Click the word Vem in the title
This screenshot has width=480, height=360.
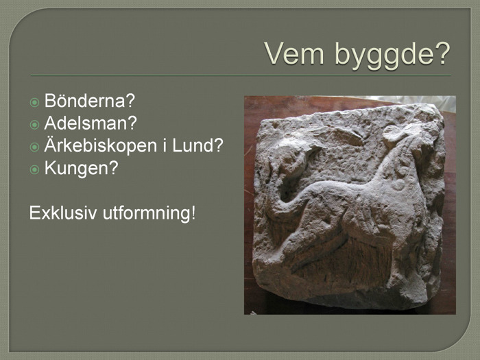(294, 53)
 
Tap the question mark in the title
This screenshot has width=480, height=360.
(442, 53)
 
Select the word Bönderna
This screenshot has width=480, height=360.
(85, 100)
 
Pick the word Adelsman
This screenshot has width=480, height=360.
(86, 123)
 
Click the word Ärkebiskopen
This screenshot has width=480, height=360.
(101, 145)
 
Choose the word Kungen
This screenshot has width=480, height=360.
(76, 169)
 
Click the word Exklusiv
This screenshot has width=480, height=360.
(63, 213)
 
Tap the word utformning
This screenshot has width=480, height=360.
(146, 213)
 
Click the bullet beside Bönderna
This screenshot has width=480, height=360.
(34, 102)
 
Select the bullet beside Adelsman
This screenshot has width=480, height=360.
(34, 125)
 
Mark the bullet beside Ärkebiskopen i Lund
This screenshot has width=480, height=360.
(34, 147)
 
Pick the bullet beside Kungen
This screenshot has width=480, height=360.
(34, 169)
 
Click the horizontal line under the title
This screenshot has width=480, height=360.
(241, 75)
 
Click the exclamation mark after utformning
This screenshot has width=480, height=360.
(193, 213)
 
